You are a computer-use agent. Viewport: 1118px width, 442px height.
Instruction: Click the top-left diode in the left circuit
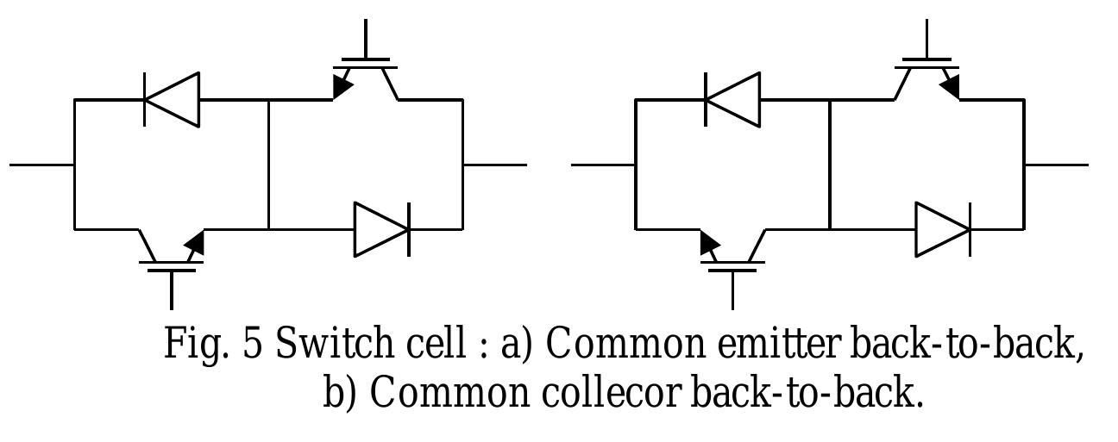(171, 99)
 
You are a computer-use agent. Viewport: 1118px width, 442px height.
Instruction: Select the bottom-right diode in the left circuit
(381, 229)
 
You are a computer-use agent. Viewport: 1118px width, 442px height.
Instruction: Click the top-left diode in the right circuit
(732, 99)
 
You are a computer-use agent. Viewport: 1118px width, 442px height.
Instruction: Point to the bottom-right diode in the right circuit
(942, 229)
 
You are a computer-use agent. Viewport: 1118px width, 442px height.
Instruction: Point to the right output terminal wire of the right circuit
(1056, 164)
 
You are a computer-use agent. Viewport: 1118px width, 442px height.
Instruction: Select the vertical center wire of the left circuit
(268, 164)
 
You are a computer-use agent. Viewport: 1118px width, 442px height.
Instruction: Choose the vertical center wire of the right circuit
(829, 164)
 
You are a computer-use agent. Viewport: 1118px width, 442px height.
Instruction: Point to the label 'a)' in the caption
(518, 344)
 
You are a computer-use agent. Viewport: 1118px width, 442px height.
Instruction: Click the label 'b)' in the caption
(342, 393)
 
